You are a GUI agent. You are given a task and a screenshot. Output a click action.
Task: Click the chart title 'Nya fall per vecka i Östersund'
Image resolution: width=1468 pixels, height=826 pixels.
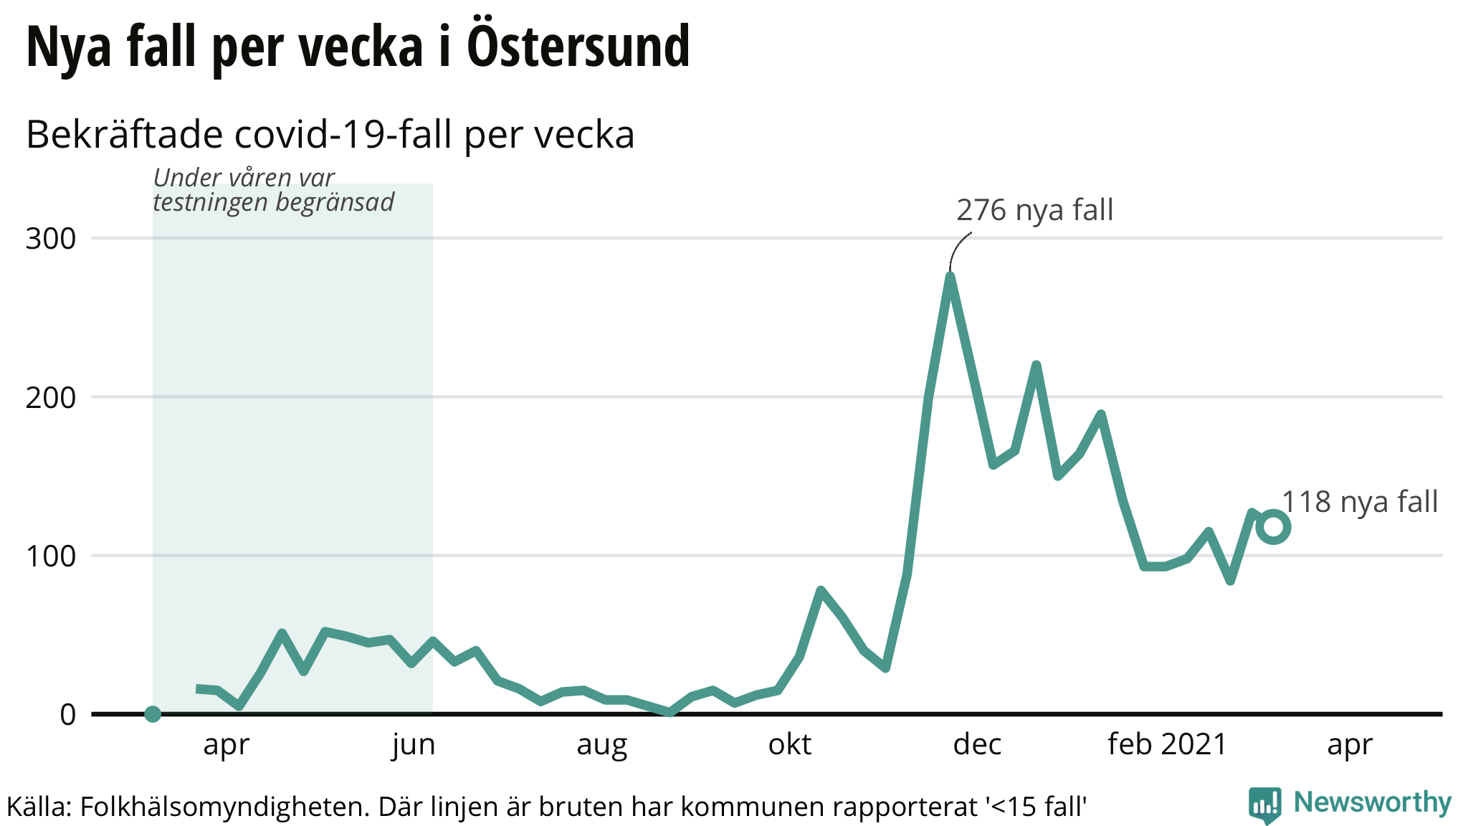(x=358, y=47)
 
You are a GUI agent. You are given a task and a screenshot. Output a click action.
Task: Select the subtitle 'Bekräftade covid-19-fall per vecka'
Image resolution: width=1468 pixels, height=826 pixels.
(x=330, y=135)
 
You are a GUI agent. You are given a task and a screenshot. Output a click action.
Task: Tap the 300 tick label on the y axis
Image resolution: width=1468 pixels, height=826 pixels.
(x=51, y=239)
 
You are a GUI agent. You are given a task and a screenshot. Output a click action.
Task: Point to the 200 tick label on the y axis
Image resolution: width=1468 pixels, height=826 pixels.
(x=51, y=397)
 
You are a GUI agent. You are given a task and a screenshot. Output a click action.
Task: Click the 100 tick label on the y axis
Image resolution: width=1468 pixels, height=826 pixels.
(x=51, y=556)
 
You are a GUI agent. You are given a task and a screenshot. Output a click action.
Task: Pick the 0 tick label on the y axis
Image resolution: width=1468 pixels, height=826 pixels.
(x=67, y=715)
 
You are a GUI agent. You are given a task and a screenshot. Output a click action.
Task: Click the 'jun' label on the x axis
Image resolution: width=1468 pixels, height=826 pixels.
(x=414, y=745)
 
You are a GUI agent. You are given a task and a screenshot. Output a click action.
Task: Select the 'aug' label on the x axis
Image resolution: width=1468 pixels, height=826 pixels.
(x=601, y=745)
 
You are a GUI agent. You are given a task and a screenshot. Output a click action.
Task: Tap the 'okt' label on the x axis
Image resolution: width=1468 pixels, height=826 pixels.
(x=789, y=745)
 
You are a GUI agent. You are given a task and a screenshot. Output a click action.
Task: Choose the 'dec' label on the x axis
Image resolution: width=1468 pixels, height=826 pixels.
(x=977, y=745)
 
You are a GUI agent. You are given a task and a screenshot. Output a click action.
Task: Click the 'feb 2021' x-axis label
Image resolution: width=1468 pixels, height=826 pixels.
(x=1167, y=745)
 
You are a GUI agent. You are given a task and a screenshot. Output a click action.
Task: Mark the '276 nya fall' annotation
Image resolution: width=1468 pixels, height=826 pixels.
(x=1034, y=210)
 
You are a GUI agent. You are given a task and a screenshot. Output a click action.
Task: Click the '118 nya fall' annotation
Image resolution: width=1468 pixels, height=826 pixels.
(x=1359, y=502)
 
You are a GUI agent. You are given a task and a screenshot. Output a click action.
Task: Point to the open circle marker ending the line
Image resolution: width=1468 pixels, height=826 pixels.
(x=1274, y=527)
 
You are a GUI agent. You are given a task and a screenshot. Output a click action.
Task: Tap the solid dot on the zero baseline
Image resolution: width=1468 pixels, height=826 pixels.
(x=153, y=714)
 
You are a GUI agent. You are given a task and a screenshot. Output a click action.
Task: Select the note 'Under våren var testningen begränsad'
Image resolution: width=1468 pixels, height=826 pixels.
(x=273, y=190)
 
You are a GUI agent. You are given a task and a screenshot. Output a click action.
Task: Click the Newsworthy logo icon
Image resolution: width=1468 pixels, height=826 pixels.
(x=1264, y=804)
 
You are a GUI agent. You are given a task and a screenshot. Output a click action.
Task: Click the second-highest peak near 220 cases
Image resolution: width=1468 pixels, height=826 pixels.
(x=1036, y=366)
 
